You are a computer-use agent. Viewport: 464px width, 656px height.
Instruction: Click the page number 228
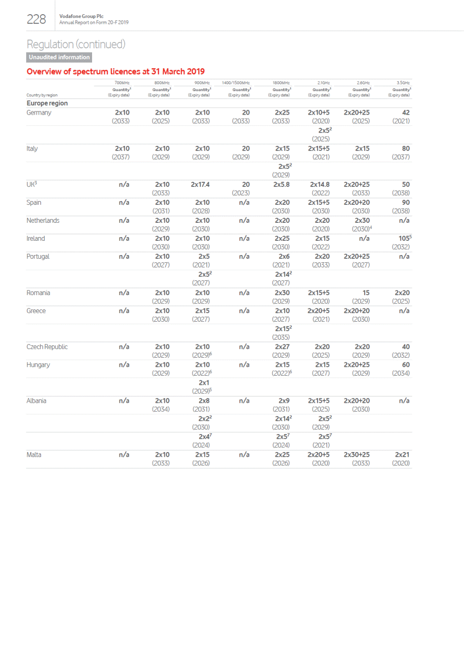pyautogui.click(x=36, y=19)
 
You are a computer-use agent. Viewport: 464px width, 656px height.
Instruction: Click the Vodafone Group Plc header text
pyautogui.click(x=81, y=16)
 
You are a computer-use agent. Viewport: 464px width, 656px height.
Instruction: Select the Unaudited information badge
pyautogui.click(x=59, y=57)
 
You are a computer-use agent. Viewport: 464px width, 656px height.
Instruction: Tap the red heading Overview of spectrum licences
pyautogui.click(x=116, y=71)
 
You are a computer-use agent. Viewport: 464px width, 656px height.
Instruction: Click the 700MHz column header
pyautogui.click(x=122, y=83)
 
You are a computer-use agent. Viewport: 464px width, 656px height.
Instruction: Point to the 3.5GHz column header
pyautogui.click(x=403, y=83)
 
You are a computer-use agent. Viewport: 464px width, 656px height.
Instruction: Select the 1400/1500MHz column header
pyautogui.click(x=236, y=83)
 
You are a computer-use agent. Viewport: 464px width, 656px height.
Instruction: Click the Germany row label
pyautogui.click(x=39, y=113)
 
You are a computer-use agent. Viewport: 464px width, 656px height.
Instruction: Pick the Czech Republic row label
pyautogui.click(x=47, y=347)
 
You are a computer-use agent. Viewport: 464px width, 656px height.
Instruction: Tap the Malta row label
pyautogui.click(x=34, y=455)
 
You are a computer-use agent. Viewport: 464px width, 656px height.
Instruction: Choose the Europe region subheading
pyautogui.click(x=47, y=103)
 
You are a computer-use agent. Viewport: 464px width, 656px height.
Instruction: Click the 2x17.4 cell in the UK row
pyautogui.click(x=200, y=185)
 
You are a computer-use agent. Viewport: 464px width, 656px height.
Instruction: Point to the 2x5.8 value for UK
pyautogui.click(x=281, y=185)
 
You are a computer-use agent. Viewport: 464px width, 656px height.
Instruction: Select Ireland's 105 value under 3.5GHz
pyautogui.click(x=405, y=238)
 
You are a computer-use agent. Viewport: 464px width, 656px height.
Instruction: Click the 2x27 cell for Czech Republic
pyautogui.click(x=282, y=347)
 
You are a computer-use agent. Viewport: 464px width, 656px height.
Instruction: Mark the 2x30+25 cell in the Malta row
pyautogui.click(x=357, y=455)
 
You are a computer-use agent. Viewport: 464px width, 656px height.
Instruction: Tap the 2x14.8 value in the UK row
pyautogui.click(x=320, y=185)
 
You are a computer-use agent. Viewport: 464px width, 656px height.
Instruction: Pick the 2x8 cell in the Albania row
pyautogui.click(x=204, y=401)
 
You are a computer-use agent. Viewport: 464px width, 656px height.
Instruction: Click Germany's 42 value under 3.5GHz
pyautogui.click(x=406, y=113)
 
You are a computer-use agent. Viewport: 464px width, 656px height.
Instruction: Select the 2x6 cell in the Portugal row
pyautogui.click(x=284, y=256)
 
